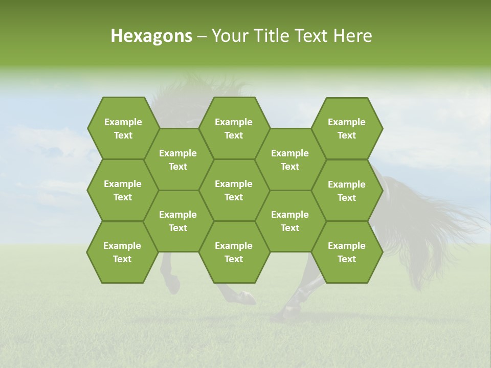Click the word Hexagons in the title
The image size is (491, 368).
(151, 36)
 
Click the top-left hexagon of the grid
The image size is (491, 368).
(123, 128)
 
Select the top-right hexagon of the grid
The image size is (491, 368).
(347, 128)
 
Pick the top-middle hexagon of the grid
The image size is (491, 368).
(234, 128)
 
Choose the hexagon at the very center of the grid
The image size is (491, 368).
(234, 190)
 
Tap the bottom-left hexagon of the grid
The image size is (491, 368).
(122, 252)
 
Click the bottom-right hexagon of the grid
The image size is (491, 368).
(347, 252)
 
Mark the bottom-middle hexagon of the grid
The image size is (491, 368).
(234, 252)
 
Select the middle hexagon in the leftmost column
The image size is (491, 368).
(123, 190)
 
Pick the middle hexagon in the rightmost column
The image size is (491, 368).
(347, 191)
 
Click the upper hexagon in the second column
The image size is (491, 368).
(178, 159)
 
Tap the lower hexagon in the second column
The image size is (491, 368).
(178, 221)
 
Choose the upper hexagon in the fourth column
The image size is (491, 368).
(290, 159)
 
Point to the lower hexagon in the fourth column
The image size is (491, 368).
(290, 221)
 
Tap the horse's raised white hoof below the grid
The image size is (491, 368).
(248, 296)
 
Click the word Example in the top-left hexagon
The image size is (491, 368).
(123, 122)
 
